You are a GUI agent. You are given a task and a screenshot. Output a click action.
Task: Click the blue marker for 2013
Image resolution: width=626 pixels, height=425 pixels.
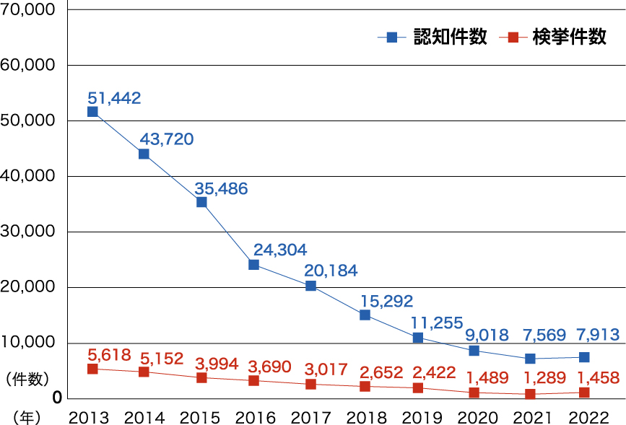pos(92,112)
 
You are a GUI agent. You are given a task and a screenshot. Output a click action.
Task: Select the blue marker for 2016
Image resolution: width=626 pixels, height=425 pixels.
pos(253,264)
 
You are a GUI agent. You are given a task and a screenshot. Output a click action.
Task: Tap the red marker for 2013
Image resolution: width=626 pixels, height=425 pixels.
pos(92,369)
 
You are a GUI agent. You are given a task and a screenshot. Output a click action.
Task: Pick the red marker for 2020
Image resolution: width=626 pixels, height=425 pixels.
pos(474,393)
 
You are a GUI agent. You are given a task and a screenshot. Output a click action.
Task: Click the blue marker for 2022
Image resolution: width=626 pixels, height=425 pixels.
pos(584,357)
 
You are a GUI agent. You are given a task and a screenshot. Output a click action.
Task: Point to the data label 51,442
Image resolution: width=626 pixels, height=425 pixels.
pos(114,97)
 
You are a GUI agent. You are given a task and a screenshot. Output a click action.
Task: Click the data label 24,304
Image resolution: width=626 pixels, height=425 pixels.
pos(280,250)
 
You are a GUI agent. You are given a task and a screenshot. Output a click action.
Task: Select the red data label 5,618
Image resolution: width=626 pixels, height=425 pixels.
pos(109,354)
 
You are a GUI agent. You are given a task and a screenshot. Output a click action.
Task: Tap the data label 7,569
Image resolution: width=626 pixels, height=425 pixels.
pos(538,335)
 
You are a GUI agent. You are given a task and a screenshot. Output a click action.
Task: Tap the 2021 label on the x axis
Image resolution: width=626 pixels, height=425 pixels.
pos(531,417)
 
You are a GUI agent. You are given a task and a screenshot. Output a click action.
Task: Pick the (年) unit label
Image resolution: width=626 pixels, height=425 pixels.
pos(27,417)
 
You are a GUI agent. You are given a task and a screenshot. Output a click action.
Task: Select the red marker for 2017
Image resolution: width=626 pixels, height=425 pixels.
pos(310,384)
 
